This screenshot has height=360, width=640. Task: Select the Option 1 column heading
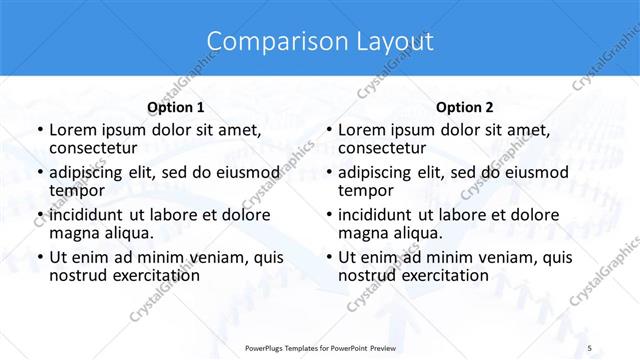[x=176, y=107]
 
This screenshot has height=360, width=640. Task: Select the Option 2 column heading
[x=465, y=107]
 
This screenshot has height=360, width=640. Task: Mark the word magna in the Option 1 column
[x=73, y=232]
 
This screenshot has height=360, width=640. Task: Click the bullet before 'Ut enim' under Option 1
[x=39, y=257]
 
